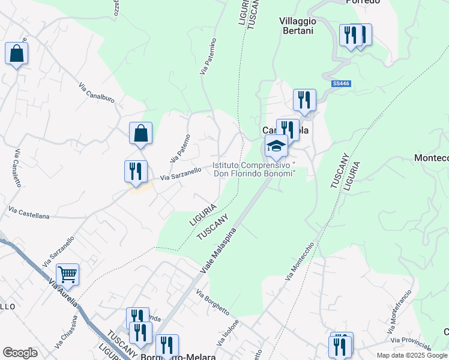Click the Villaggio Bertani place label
tap(298, 25)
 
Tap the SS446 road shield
tap(340, 85)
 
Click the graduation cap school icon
tap(276, 146)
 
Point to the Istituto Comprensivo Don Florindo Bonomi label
tap(255, 169)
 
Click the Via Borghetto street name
tap(212, 302)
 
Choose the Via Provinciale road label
tap(411, 344)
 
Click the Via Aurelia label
tap(64, 296)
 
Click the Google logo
tap(20, 352)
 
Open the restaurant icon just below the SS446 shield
tap(304, 100)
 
